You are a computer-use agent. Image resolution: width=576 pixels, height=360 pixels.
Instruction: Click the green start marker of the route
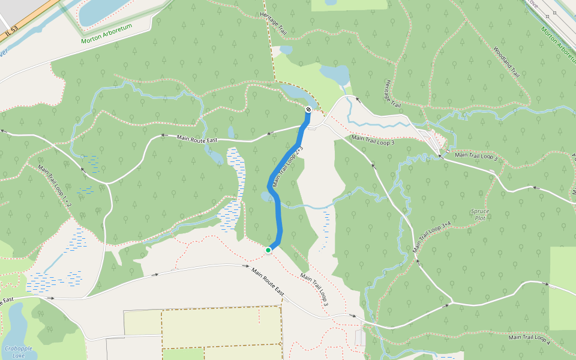click(x=268, y=250)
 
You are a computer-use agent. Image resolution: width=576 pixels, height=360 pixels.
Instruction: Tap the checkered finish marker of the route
click(x=308, y=110)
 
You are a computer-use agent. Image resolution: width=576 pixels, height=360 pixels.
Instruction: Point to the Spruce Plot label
click(x=479, y=215)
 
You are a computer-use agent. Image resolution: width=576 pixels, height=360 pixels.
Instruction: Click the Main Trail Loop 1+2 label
click(x=55, y=187)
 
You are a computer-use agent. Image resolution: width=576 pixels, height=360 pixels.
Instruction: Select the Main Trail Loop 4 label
click(x=529, y=340)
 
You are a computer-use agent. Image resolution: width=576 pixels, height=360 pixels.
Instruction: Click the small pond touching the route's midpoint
click(x=266, y=196)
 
